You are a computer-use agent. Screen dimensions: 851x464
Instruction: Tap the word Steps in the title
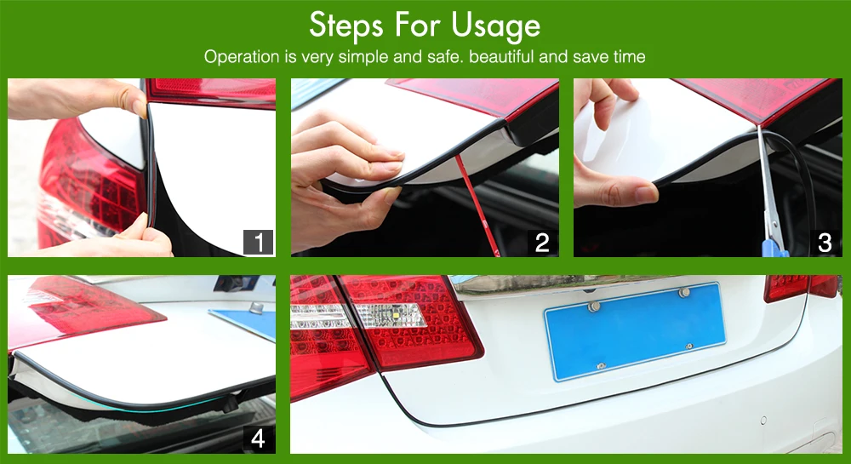pos(346,26)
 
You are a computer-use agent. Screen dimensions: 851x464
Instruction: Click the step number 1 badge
pos(259,243)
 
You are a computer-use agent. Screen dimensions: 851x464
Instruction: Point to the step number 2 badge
pos(542,243)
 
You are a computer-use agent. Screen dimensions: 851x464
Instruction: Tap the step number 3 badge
pos(825,243)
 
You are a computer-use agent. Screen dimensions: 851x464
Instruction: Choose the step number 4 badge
pos(259,438)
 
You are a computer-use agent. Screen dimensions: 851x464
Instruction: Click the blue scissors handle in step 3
pos(774,249)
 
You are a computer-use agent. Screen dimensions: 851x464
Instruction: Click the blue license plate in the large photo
pos(635,330)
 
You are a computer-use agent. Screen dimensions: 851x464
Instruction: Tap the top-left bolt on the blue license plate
pos(594,306)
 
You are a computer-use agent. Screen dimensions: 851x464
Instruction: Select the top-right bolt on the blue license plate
pos(684,293)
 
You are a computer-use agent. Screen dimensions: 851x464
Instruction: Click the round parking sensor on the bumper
pos(763,421)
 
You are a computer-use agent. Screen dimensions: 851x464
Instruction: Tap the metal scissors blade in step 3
pos(768,185)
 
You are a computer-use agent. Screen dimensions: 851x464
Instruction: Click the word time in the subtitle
pos(630,56)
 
